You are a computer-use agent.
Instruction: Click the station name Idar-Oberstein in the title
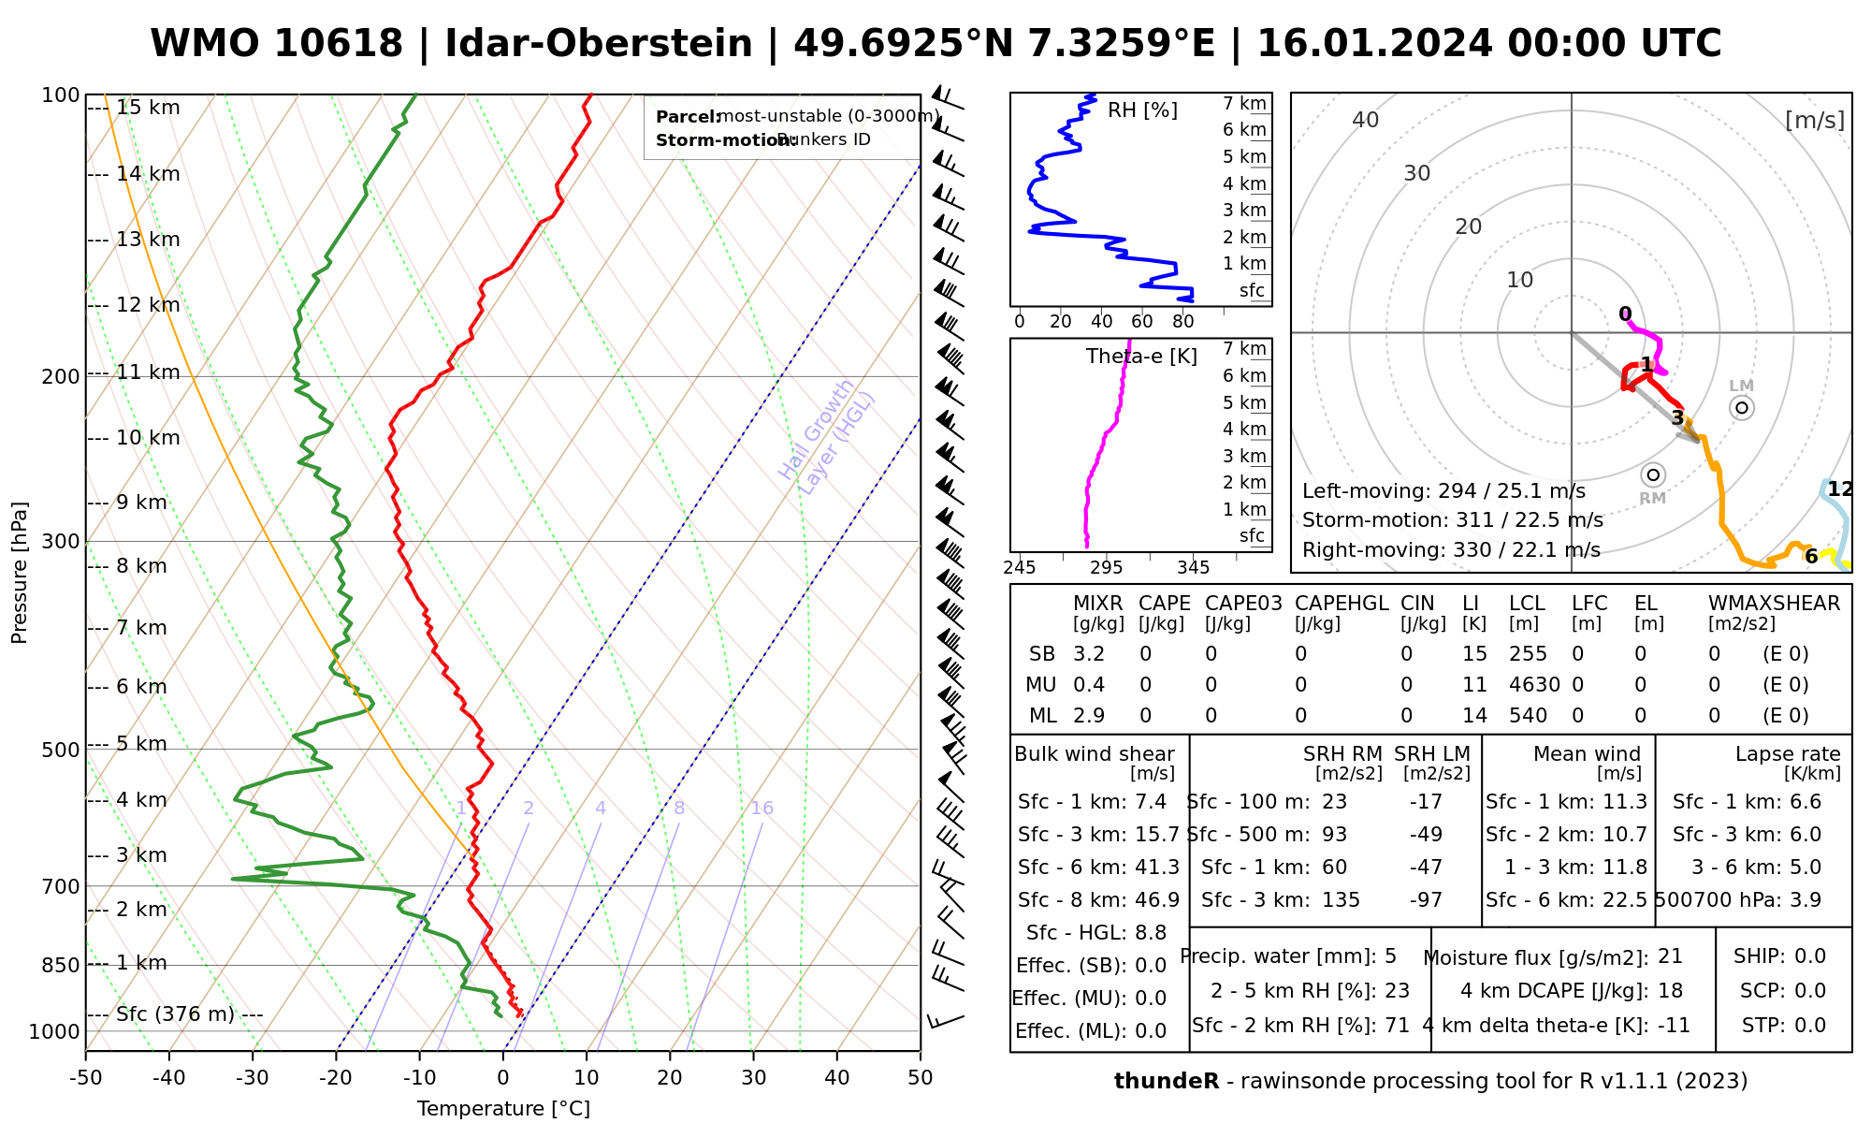pyautogui.click(x=599, y=44)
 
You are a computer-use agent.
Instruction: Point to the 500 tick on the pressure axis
pyautogui.click(x=63, y=750)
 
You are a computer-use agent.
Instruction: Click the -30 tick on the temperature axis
pyautogui.click(x=253, y=1078)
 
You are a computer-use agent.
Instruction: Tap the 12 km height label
pyautogui.click(x=148, y=305)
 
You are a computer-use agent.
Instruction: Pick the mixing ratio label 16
pyautogui.click(x=761, y=809)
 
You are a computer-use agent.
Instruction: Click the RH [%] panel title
pyautogui.click(x=1142, y=110)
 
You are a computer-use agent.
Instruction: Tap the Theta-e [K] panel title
pyautogui.click(x=1141, y=357)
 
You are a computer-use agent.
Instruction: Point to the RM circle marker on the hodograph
pyautogui.click(x=1653, y=475)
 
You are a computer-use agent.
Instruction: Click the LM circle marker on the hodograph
pyautogui.click(x=1741, y=408)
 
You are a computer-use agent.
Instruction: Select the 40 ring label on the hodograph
pyautogui.click(x=1366, y=120)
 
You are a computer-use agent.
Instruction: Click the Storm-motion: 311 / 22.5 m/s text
pyautogui.click(x=1452, y=520)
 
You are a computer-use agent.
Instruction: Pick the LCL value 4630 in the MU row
pyautogui.click(x=1534, y=685)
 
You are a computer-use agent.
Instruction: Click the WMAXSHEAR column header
pyautogui.click(x=1774, y=604)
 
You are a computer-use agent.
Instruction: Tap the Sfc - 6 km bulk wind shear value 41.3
pyautogui.click(x=1156, y=868)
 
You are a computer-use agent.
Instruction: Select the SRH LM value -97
pyautogui.click(x=1426, y=900)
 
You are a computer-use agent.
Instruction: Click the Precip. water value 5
pyautogui.click(x=1390, y=956)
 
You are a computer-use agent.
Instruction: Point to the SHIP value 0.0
pyautogui.click(x=1809, y=956)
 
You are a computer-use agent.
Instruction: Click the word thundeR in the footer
pyautogui.click(x=1166, y=1082)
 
